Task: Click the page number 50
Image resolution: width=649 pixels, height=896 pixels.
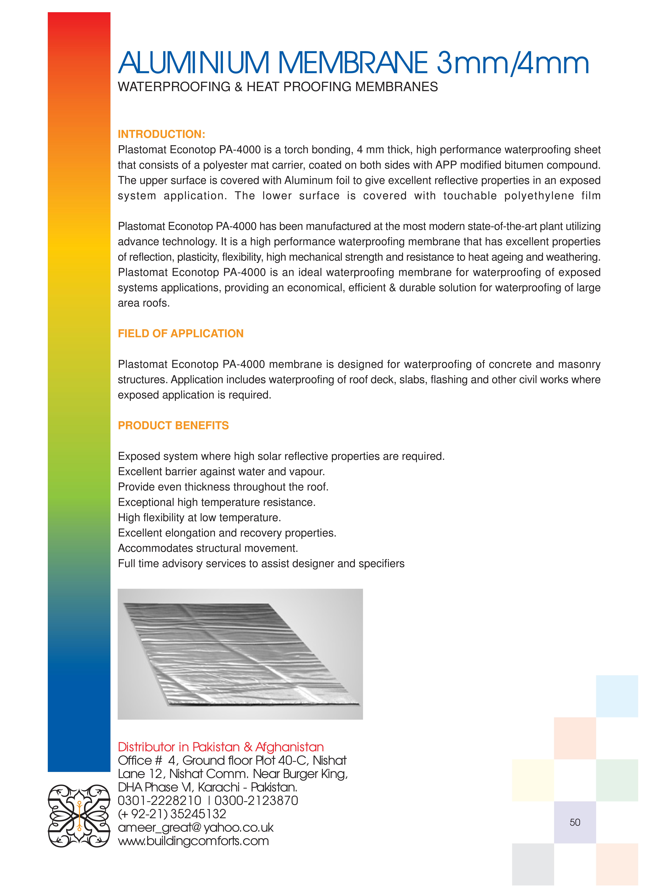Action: (575, 822)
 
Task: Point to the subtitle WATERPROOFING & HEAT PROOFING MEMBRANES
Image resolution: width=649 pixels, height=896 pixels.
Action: (278, 87)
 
